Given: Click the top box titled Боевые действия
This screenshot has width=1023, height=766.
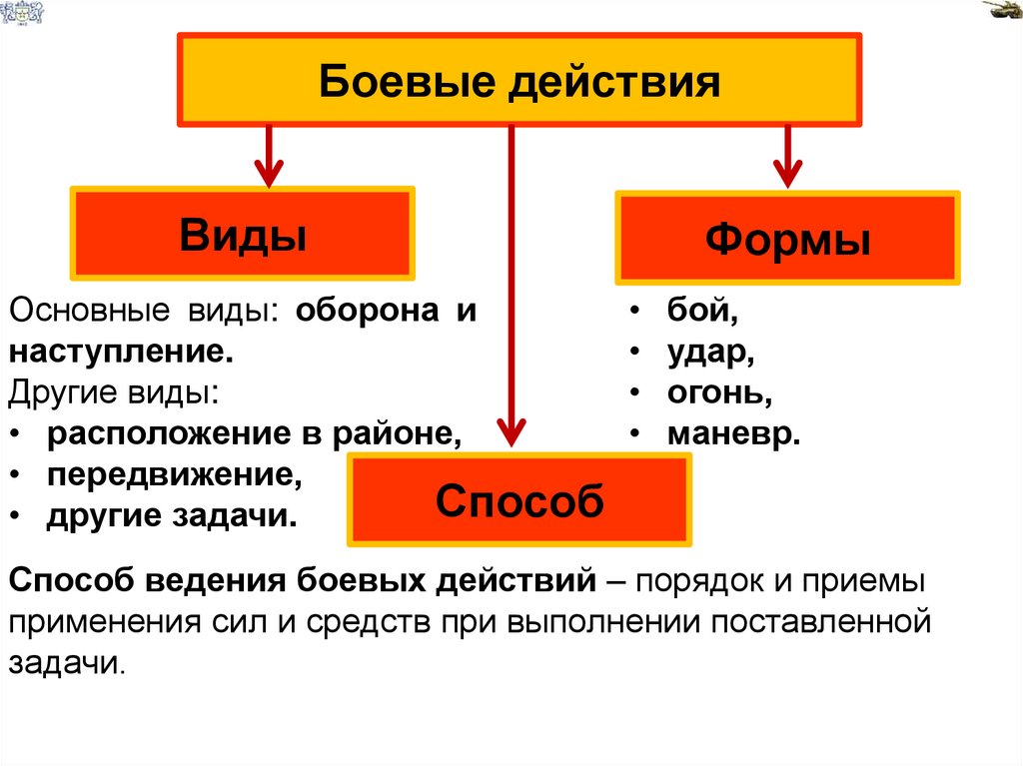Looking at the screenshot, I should (519, 80).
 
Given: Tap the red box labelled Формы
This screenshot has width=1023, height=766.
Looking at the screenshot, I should (787, 238).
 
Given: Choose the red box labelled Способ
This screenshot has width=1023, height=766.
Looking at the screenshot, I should (519, 500).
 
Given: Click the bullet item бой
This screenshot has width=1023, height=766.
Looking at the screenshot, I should (703, 311).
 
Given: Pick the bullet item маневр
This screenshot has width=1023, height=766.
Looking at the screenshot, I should (733, 433).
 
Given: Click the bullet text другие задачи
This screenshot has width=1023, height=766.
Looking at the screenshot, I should (171, 515).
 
